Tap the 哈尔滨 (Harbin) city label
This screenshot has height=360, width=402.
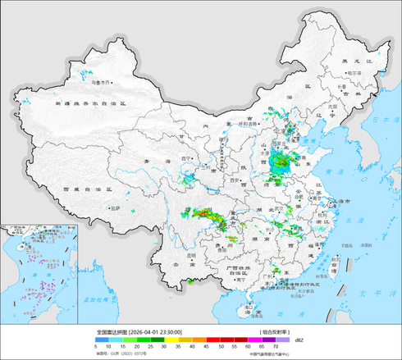coord(354,73)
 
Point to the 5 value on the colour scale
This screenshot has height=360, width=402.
coord(96,347)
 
